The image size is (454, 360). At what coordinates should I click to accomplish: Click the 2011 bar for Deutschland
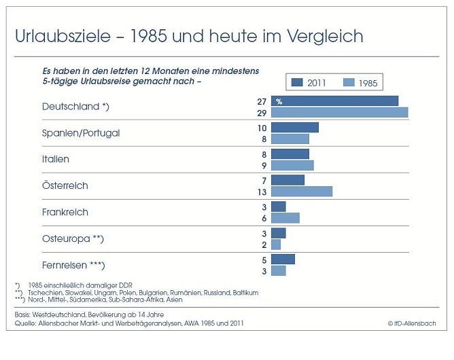[x=334, y=101]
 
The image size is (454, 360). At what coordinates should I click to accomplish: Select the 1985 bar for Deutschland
[x=339, y=112]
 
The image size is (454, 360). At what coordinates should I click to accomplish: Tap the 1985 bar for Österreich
[x=302, y=192]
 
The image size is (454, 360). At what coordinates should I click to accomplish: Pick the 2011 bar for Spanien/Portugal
[x=294, y=127]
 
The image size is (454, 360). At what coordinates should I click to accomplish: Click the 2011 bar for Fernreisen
[x=283, y=259]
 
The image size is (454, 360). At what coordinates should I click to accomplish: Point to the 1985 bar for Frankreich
[x=285, y=218]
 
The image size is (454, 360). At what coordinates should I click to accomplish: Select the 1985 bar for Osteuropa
[x=276, y=245]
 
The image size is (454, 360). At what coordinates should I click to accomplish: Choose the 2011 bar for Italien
[x=290, y=154]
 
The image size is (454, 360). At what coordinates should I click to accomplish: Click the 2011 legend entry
[x=309, y=83]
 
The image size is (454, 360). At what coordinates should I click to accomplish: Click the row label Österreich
[x=65, y=185]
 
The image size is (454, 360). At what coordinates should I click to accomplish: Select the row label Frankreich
[x=65, y=212]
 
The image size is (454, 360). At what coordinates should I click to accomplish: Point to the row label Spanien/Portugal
[x=81, y=133]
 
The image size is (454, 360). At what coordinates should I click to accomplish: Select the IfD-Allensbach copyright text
[x=412, y=324]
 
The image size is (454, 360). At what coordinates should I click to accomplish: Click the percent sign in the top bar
[x=279, y=101]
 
